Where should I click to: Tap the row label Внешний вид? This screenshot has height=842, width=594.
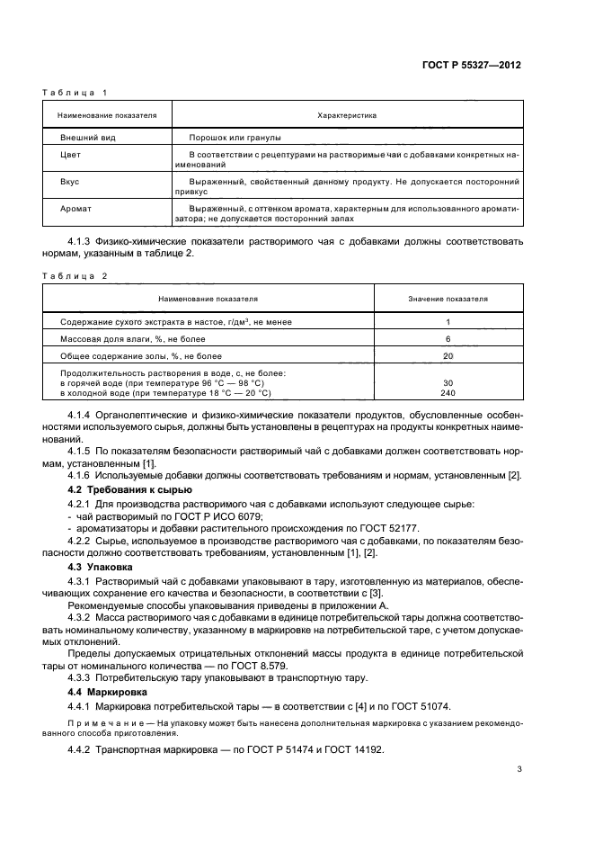coord(87,138)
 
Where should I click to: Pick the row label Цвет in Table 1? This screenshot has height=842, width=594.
coord(70,155)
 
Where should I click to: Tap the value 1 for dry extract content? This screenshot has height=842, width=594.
coord(448,321)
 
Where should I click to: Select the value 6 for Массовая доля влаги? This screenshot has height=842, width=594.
coord(448,338)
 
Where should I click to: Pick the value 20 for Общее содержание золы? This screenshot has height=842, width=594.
coord(448,355)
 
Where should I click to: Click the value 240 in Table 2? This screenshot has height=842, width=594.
coord(448,393)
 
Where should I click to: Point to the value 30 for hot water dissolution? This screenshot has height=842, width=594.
coord(448,383)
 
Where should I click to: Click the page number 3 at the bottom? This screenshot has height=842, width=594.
coord(519,769)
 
